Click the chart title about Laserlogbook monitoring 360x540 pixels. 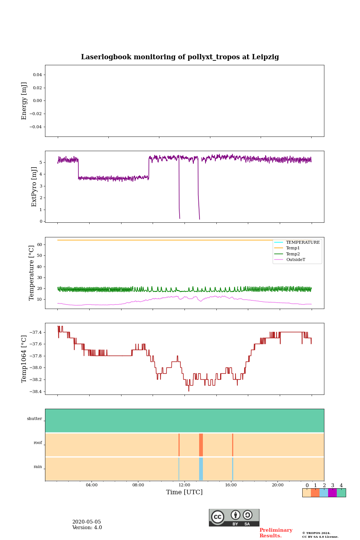(180, 57)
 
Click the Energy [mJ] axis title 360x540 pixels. (24, 101)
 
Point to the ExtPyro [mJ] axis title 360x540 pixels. (34, 187)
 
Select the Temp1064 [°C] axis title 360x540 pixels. (24, 359)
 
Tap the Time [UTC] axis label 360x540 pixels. (184, 492)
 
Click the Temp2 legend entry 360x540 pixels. (293, 254)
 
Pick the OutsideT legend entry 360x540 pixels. (295, 259)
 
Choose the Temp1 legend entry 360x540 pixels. (293, 248)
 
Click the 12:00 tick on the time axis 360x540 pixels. (184, 485)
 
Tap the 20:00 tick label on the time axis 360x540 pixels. (277, 485)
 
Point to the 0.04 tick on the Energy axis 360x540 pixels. (37, 75)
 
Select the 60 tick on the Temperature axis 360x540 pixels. (39, 244)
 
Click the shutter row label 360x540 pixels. (34, 419)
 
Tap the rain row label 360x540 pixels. (38, 467)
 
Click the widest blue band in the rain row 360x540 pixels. (201, 469)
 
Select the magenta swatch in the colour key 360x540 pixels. (332, 493)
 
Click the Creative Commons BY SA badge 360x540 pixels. (234, 517)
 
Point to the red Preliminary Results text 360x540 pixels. (276, 533)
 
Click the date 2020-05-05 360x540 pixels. (86, 522)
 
